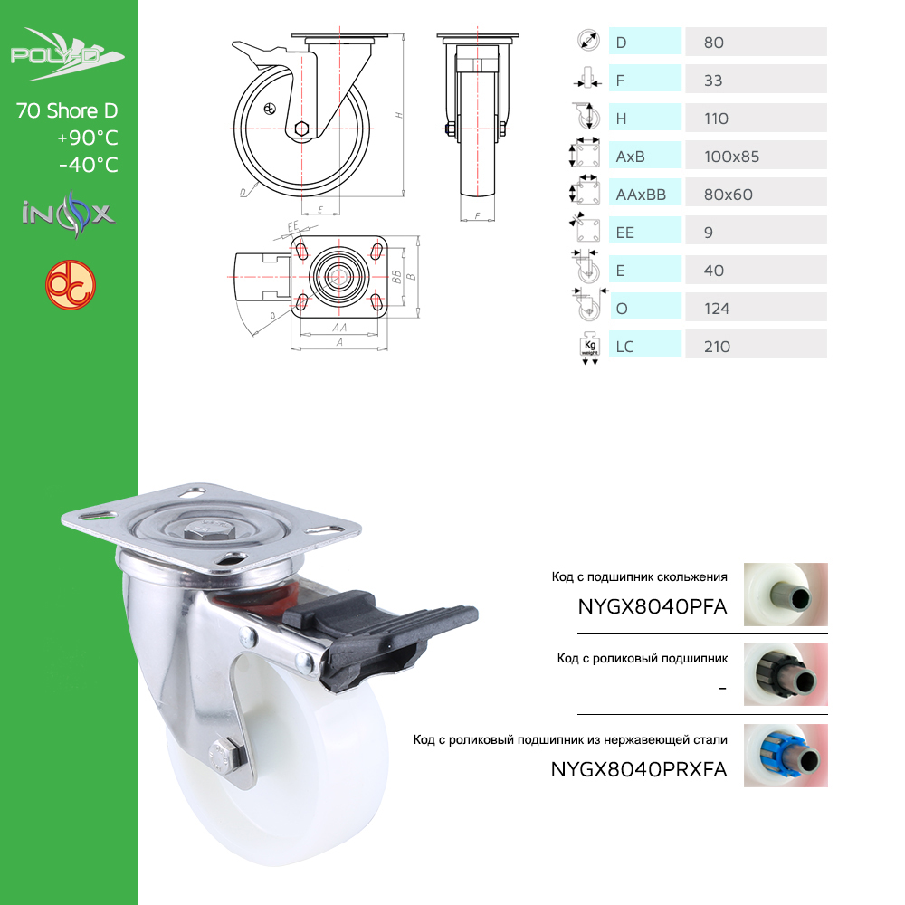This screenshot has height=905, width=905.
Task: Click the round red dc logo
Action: (71, 284)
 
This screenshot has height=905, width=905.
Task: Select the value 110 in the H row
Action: (716, 119)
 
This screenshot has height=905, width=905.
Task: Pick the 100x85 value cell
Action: (756, 156)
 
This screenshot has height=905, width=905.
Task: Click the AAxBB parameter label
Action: (641, 195)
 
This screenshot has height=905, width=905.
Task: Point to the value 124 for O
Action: (716, 309)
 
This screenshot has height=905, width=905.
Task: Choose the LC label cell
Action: (644, 345)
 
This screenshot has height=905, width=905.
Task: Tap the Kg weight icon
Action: (589, 348)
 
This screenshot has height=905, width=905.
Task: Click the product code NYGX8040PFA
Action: (653, 606)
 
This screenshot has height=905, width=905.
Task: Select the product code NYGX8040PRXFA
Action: (639, 769)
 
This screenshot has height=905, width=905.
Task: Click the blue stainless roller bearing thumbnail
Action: (786, 756)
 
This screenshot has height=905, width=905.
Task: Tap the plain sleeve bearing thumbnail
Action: (786, 595)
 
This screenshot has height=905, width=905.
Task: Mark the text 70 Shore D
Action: (67, 110)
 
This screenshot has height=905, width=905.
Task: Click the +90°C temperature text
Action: (88, 138)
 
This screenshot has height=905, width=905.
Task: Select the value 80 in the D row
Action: (713, 43)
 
